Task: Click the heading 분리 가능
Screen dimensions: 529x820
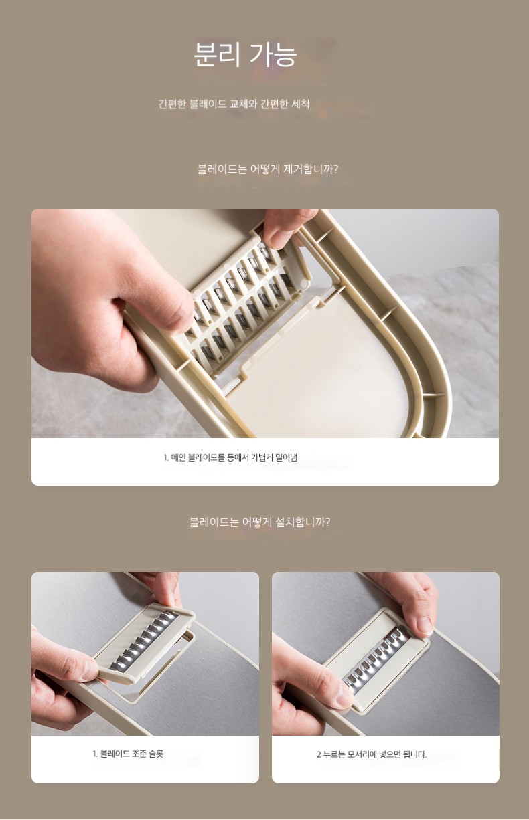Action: click(245, 55)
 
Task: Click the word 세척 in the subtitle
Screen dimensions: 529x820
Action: click(300, 104)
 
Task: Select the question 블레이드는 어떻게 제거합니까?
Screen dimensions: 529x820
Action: click(268, 169)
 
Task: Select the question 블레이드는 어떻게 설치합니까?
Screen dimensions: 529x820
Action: click(260, 522)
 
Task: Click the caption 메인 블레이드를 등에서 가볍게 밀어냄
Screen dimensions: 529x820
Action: click(230, 457)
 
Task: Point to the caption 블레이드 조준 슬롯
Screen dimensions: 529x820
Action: click(128, 754)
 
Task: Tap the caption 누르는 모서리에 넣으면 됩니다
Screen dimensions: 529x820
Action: click(372, 754)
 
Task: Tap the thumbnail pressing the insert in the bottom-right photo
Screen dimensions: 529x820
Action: click(424, 627)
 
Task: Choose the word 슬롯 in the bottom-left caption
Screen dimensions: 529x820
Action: click(156, 754)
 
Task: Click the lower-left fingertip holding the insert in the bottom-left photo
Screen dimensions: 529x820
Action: click(89, 671)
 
